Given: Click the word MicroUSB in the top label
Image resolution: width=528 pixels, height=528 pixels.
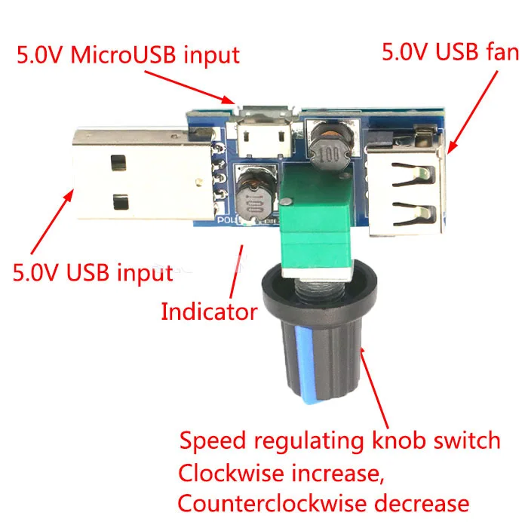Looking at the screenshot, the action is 123,54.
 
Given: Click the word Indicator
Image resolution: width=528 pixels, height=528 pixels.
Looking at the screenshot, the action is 209,312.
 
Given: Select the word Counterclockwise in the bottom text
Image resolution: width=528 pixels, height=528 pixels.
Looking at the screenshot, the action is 272,503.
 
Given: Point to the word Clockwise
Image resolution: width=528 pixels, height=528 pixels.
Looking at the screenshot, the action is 231,473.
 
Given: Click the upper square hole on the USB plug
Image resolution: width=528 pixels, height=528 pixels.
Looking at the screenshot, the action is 118,163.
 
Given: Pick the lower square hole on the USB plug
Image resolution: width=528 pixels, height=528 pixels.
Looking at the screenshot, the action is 121,202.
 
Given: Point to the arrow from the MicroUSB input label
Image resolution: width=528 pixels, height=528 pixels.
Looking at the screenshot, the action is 190,87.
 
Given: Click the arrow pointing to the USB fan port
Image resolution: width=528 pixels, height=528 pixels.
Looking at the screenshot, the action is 472,112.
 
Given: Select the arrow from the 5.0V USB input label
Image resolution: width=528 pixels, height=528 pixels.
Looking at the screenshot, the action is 52,222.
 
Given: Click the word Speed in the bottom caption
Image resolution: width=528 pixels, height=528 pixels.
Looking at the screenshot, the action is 213,441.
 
